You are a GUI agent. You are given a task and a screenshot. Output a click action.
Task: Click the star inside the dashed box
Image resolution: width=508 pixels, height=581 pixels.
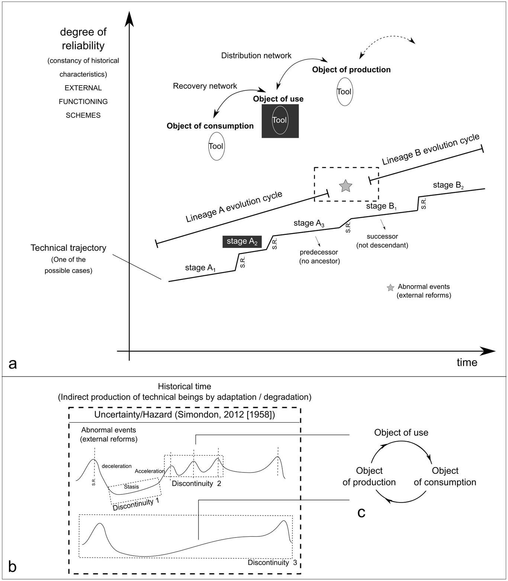pyautogui.click(x=345, y=186)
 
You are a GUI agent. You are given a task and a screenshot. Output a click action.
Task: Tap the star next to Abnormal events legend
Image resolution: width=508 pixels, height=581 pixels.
pyautogui.click(x=390, y=288)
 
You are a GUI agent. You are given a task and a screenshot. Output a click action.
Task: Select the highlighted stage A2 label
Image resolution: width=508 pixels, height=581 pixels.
pyautogui.click(x=242, y=242)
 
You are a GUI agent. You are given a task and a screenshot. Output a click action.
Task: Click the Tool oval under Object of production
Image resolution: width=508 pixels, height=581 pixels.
pyautogui.click(x=344, y=92)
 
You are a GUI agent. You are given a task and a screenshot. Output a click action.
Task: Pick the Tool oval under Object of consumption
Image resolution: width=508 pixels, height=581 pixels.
pyautogui.click(x=216, y=146)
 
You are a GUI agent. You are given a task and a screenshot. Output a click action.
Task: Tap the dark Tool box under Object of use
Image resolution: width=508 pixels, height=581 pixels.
pyautogui.click(x=280, y=121)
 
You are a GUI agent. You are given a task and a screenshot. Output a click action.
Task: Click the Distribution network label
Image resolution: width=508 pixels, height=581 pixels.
pyautogui.click(x=256, y=56)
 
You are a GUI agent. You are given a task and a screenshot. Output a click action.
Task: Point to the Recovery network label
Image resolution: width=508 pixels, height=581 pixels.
pyautogui.click(x=205, y=86)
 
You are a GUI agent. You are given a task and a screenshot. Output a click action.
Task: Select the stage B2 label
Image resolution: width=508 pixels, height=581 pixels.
pyautogui.click(x=448, y=185)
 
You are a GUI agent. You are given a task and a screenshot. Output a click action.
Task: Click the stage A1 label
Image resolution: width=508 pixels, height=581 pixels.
pyautogui.click(x=200, y=268)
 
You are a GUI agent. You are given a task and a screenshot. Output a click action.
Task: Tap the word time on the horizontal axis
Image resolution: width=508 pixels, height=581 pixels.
pyautogui.click(x=467, y=362)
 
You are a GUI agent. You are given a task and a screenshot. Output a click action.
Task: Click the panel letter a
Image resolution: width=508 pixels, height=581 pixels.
pyautogui.click(x=13, y=364)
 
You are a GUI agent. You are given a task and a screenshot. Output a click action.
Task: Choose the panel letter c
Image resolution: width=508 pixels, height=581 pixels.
pyautogui.click(x=361, y=513)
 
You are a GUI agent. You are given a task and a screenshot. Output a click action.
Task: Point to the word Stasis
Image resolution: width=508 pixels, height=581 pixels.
pyautogui.click(x=131, y=487)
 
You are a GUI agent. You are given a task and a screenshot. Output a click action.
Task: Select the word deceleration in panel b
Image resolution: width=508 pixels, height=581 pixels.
pyautogui.click(x=116, y=466)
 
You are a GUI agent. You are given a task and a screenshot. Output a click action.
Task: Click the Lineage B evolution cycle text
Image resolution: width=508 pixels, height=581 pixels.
pyautogui.click(x=431, y=149)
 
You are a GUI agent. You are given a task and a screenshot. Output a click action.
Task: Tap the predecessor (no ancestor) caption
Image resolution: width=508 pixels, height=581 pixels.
pyautogui.click(x=319, y=256)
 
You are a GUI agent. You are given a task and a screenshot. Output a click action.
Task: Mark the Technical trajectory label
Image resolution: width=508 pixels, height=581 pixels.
pyautogui.click(x=68, y=248)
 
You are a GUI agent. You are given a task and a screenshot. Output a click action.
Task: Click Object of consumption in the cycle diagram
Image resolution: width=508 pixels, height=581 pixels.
pyautogui.click(x=445, y=477)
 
